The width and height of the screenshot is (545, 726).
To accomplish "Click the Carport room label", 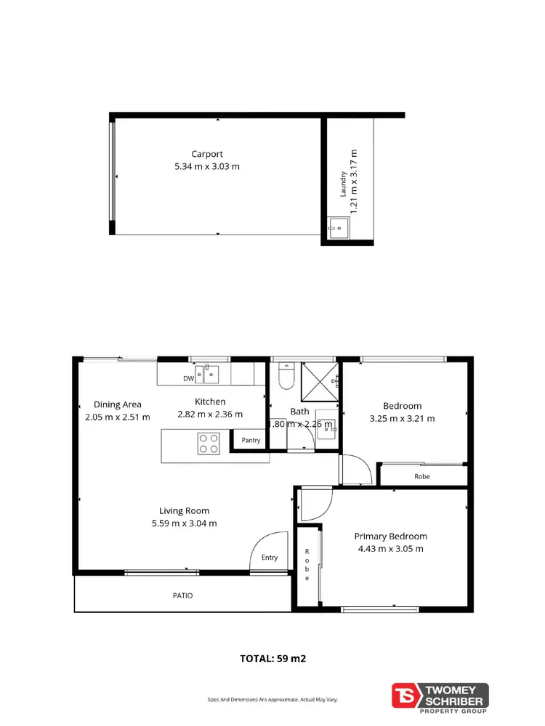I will point(207,154).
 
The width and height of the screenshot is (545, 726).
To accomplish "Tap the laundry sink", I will point(336,228).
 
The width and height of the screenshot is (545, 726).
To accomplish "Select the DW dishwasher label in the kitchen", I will point(188,378).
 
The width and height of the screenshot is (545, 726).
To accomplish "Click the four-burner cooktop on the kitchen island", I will point(209,443).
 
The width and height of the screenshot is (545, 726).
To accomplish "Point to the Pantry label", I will point(251,440).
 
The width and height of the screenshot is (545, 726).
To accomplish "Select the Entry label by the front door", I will point(270,558).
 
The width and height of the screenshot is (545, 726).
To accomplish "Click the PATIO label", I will point(182,595).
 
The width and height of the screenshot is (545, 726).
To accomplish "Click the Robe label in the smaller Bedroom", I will point(422,477).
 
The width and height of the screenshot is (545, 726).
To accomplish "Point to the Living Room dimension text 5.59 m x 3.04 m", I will point(184,523).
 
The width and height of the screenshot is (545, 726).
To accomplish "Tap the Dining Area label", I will point(118,404).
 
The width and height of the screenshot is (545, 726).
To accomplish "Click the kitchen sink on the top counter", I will point(211,375).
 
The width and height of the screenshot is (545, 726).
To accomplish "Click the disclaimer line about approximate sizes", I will point(272,700).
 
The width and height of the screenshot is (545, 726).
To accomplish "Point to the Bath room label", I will point(299,411).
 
